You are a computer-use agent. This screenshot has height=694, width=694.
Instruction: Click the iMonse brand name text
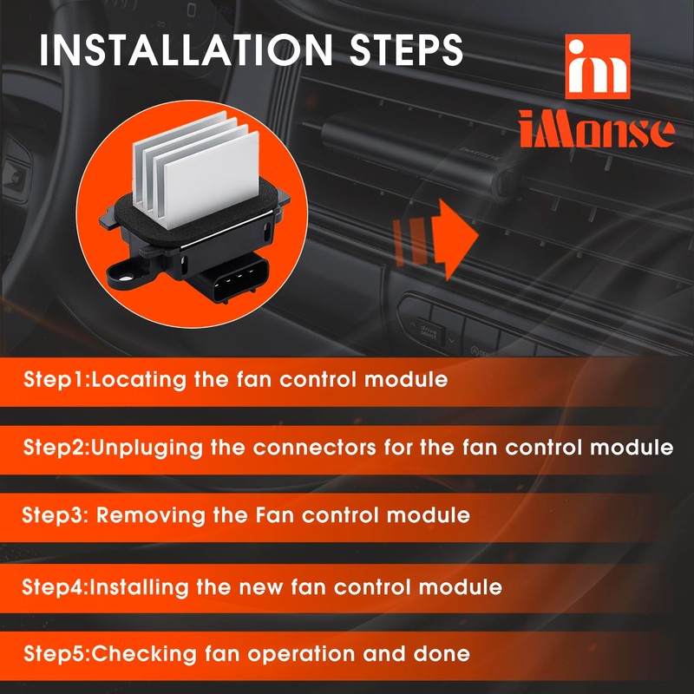(597, 130)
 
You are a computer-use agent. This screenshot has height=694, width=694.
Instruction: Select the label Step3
(54, 515)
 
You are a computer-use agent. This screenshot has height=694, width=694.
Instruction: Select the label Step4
(54, 586)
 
